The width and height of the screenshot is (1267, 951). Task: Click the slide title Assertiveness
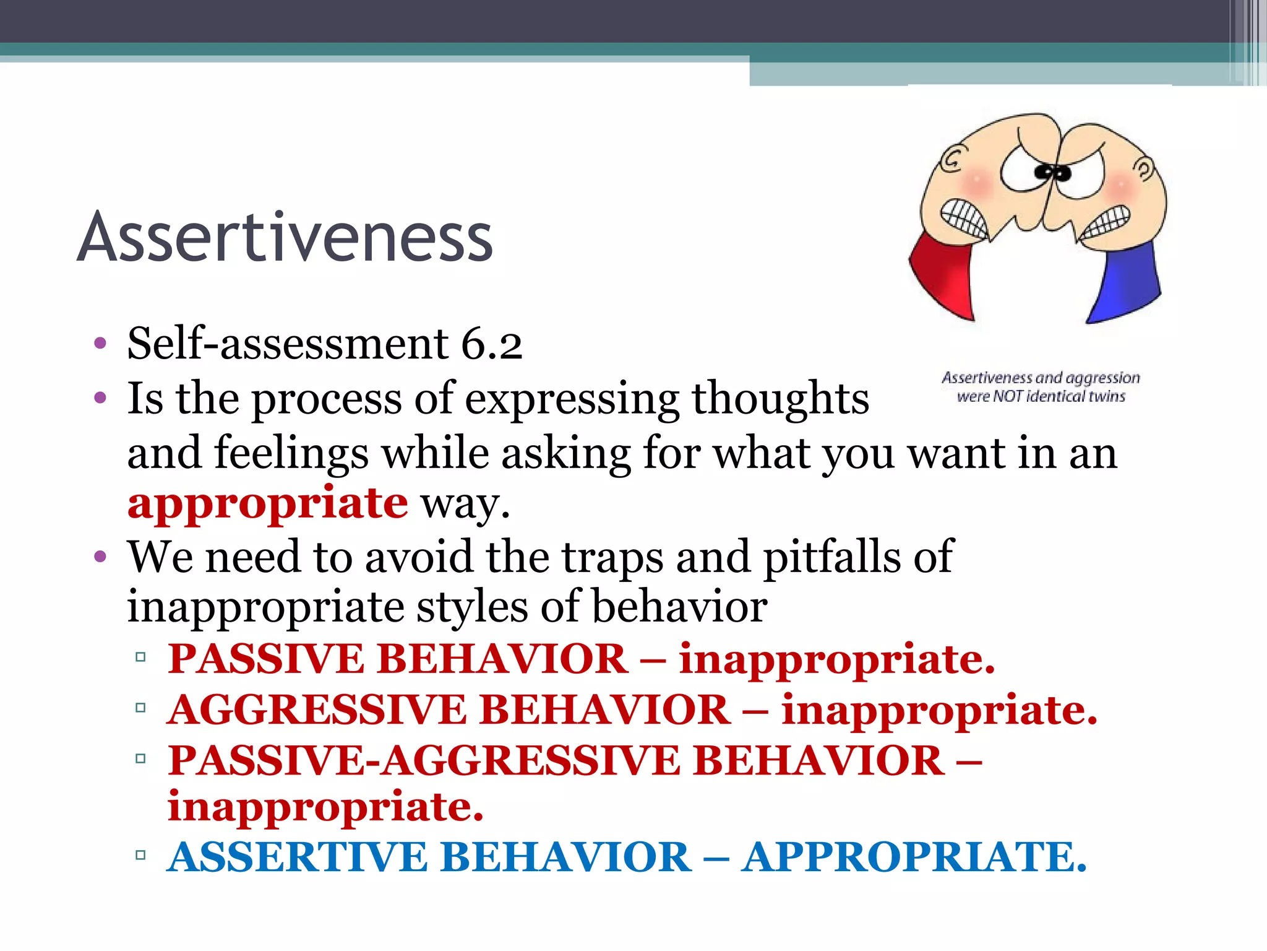click(x=285, y=238)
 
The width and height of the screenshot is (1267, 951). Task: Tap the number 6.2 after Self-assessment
click(x=492, y=344)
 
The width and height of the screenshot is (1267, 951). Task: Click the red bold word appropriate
click(x=267, y=503)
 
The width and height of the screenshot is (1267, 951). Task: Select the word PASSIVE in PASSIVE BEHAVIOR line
click(x=266, y=658)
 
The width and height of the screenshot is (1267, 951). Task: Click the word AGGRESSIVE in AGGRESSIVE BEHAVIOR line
click(x=317, y=710)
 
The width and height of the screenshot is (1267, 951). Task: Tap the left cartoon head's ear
click(x=953, y=160)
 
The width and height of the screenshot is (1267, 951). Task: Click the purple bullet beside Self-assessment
click(x=100, y=344)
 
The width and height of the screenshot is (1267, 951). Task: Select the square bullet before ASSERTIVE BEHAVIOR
click(x=140, y=856)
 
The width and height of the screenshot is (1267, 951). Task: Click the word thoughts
click(x=780, y=399)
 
